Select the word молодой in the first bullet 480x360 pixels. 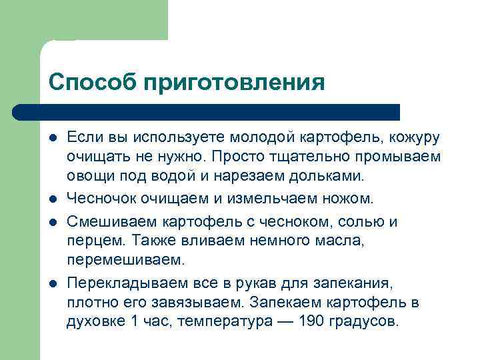pyautogui.click(x=263, y=138)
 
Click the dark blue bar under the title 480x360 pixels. pyautogui.click(x=207, y=112)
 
